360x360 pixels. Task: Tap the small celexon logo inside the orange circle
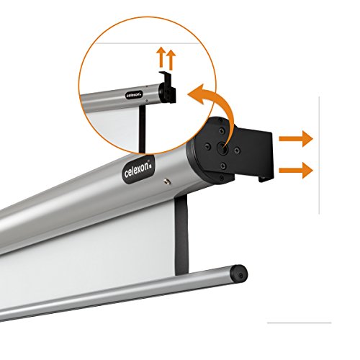134,94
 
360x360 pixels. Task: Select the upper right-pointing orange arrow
296,139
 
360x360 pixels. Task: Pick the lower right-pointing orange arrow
296,171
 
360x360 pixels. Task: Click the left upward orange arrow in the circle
162,57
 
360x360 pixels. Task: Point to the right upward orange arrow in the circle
171,60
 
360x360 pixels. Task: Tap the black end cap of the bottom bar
238,274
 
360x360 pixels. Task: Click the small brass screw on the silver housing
167,181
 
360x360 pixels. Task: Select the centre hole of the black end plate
222,147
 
